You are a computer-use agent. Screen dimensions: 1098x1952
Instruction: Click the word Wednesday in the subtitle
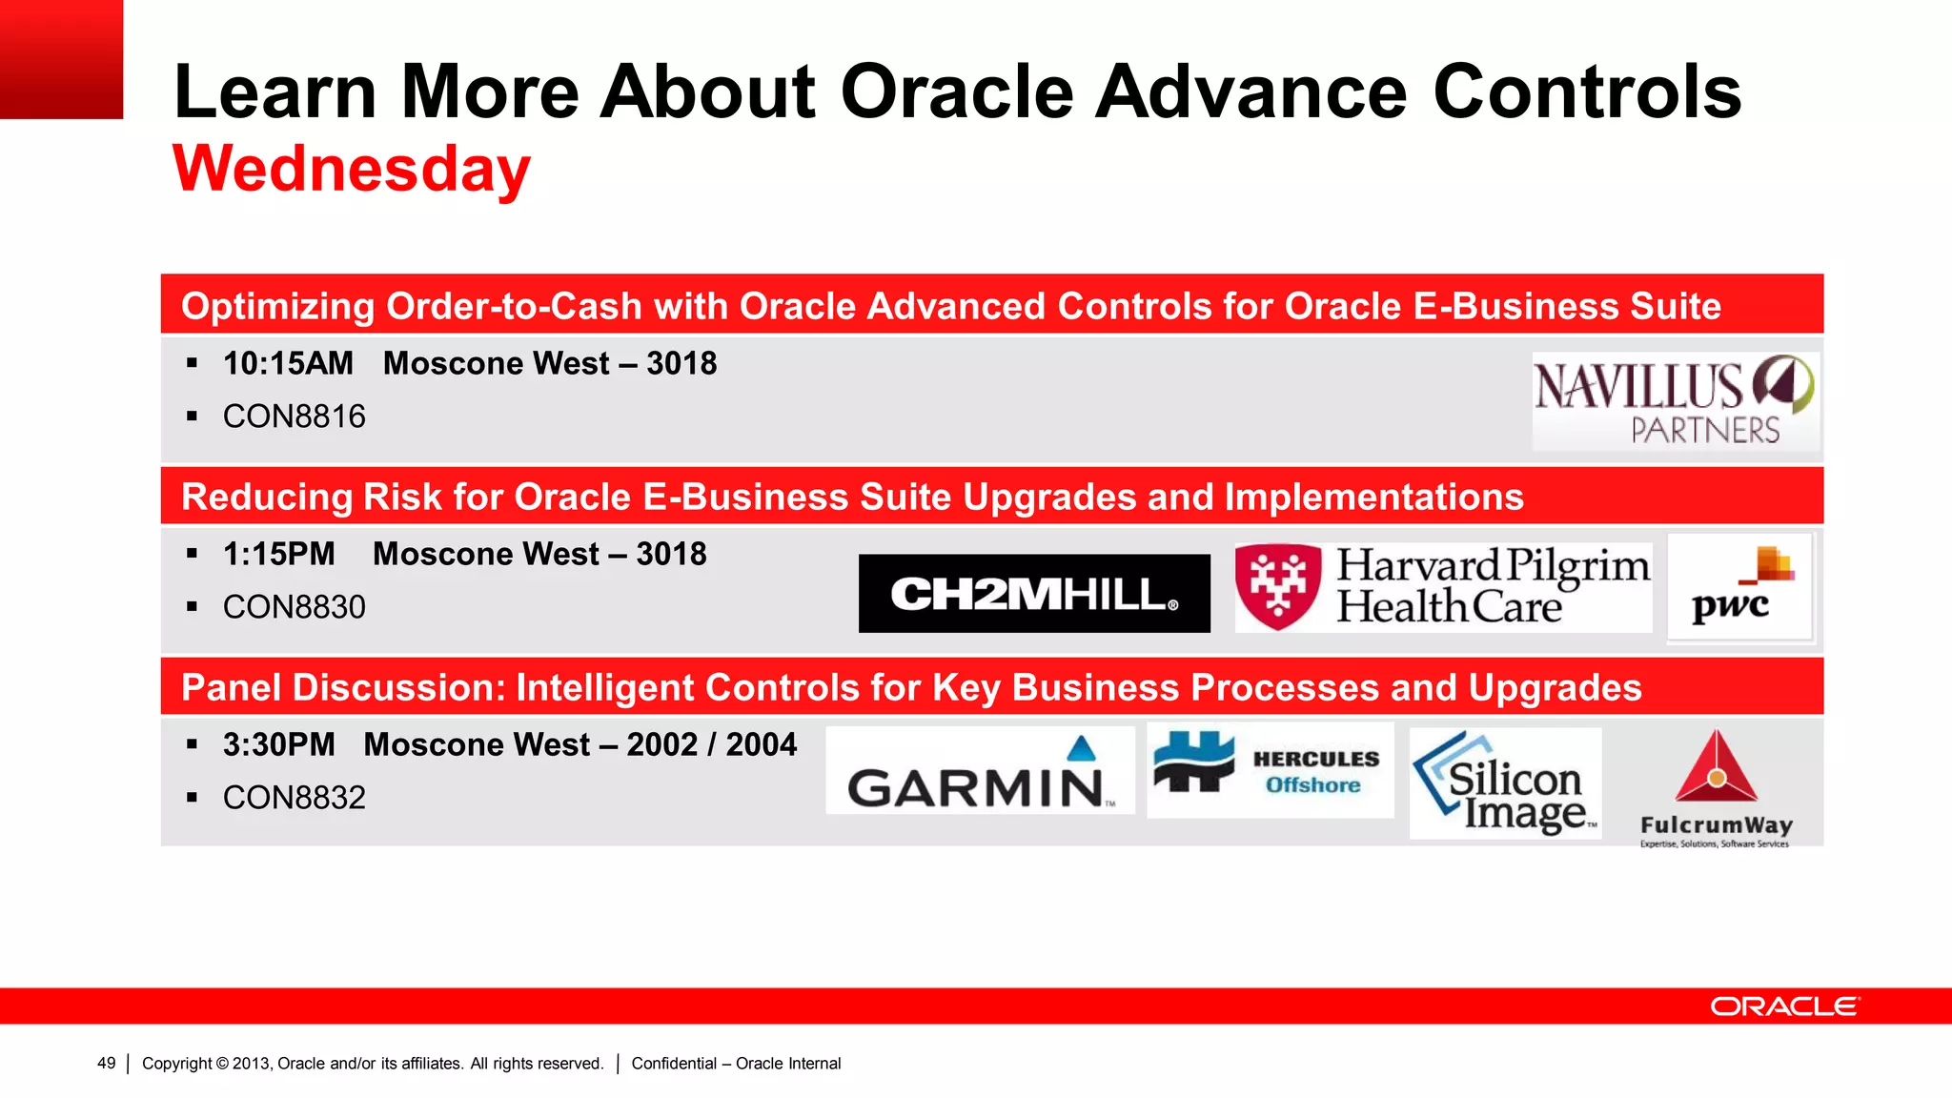(351, 170)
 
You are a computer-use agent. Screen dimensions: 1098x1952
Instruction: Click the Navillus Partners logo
(1675, 401)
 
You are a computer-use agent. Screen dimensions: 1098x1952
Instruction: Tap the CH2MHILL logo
(1034, 594)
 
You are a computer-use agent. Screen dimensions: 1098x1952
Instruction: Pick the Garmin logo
(980, 772)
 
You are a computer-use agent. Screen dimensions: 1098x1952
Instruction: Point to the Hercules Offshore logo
(1270, 769)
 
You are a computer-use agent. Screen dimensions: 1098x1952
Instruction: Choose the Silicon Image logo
(1505, 783)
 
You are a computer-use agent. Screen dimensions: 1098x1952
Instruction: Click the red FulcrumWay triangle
(1716, 769)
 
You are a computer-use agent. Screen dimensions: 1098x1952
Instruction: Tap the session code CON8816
(294, 417)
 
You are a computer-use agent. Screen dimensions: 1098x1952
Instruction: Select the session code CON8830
(294, 607)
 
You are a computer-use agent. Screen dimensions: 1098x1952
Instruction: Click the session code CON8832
(294, 798)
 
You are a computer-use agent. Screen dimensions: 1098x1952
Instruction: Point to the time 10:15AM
(288, 363)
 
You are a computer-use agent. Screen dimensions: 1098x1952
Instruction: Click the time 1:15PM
(278, 554)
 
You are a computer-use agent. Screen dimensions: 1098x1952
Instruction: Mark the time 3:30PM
(278, 744)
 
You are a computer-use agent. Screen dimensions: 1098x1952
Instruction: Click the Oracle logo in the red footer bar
(1784, 1006)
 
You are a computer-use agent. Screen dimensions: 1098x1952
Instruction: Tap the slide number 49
(106, 1064)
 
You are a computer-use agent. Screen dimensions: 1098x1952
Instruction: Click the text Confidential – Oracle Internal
(736, 1064)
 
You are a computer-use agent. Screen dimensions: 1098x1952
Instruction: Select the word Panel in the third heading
(232, 687)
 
